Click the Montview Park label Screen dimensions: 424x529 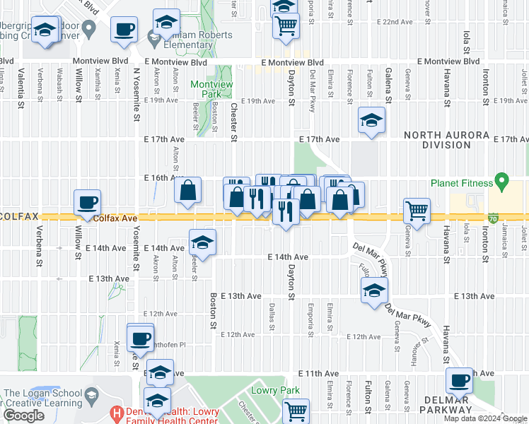211,88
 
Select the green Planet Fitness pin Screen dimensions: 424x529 502,183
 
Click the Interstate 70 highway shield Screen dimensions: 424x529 492,220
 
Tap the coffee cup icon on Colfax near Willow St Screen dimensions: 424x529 88,203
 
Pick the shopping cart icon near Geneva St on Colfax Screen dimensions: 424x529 417,210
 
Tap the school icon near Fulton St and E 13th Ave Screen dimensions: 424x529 374,290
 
